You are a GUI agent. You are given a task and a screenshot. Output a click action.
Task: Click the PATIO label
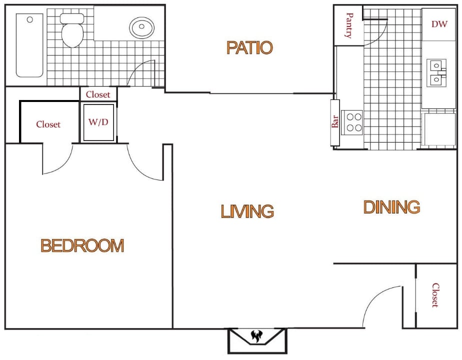(249, 47)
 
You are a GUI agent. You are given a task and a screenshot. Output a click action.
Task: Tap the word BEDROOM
(82, 245)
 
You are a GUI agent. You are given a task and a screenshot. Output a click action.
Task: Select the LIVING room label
(247, 211)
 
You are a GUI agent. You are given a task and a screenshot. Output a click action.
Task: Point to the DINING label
(391, 207)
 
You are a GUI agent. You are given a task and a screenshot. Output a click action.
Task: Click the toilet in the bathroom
(72, 30)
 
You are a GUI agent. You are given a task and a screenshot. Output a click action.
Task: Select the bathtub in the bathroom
(29, 45)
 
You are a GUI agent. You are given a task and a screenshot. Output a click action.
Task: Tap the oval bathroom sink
(142, 26)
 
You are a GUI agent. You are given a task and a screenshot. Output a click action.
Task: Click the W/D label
(98, 122)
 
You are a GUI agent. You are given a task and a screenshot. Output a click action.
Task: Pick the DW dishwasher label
(439, 23)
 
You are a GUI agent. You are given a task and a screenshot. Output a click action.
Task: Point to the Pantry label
(349, 26)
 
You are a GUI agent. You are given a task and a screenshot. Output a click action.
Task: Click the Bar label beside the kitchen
(335, 121)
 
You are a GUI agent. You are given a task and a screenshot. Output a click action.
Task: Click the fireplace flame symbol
(257, 337)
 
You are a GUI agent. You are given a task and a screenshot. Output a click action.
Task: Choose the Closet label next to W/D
(48, 124)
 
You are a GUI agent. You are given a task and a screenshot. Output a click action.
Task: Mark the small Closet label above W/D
(98, 94)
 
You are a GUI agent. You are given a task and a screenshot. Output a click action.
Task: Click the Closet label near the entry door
(435, 295)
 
